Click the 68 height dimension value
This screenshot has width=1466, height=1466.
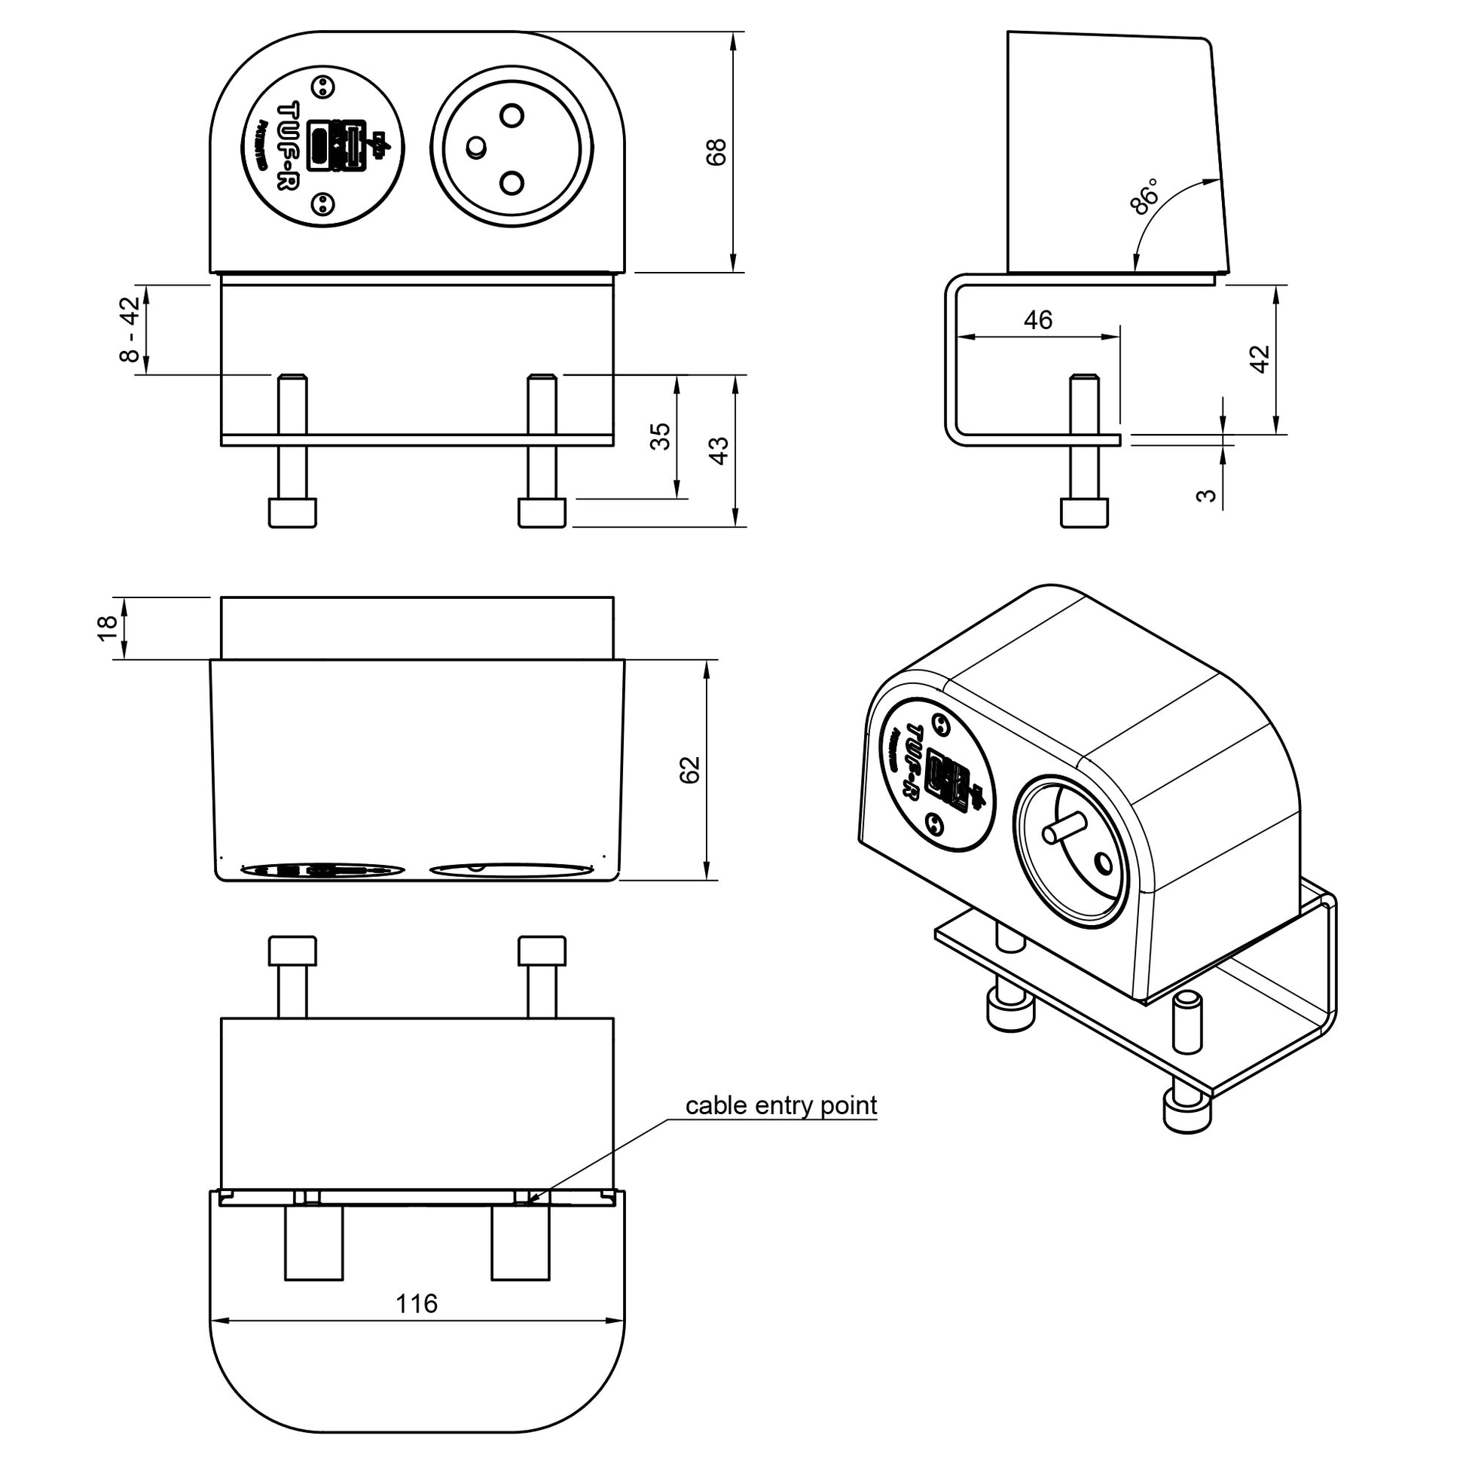coord(716,151)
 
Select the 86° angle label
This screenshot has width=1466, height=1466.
coord(1145,197)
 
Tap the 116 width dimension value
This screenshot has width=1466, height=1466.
coord(417,1303)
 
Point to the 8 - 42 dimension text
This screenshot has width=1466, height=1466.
coord(130,328)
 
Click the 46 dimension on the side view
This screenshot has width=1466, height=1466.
coord(1037,320)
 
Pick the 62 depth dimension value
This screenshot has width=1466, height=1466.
coord(690,769)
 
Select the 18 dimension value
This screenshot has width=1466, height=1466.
coord(108,628)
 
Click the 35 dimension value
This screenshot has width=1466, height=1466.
coord(661,436)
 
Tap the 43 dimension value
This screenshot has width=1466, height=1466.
coord(718,450)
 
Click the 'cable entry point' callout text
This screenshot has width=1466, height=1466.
coord(780,1106)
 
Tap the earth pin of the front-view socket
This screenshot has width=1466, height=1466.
coord(476,147)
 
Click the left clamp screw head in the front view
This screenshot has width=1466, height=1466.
coord(292,512)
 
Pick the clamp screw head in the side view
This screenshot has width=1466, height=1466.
coord(1083,512)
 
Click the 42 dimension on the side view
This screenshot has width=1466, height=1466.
coord(1260,359)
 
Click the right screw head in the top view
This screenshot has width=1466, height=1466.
coord(542,951)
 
